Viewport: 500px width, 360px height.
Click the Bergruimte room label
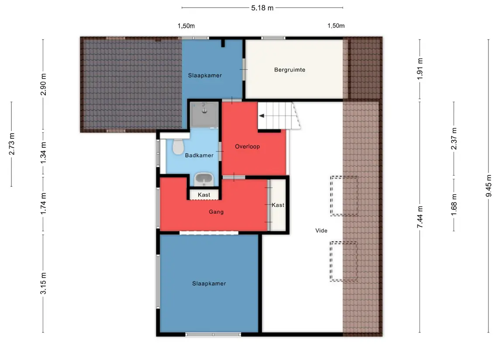pyautogui.click(x=290, y=70)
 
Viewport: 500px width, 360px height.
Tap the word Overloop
pyautogui.click(x=248, y=147)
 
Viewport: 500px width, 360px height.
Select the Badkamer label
pyautogui.click(x=199, y=155)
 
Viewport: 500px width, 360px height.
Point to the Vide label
pyautogui.click(x=321, y=231)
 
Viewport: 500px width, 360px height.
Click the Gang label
pyautogui.click(x=216, y=212)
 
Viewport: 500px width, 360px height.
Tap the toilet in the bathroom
pyautogui.click(x=178, y=146)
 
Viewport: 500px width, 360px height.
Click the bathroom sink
pyautogui.click(x=204, y=180)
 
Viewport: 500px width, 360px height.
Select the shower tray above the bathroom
pyautogui.click(x=204, y=115)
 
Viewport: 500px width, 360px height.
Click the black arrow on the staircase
pyautogui.click(x=262, y=116)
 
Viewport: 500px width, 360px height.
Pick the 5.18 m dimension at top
pyautogui.click(x=262, y=8)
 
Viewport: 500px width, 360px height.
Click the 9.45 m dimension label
pyautogui.click(x=489, y=185)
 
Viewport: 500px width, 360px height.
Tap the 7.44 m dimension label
pyautogui.click(x=420, y=217)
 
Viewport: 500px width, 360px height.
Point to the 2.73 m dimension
pyautogui.click(x=11, y=144)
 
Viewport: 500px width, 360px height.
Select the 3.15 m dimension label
pyautogui.click(x=43, y=283)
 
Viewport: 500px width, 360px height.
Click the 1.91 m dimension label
pyautogui.click(x=420, y=69)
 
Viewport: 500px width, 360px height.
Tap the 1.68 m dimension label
pyautogui.click(x=454, y=205)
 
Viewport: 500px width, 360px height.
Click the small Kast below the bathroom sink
pyautogui.click(x=204, y=195)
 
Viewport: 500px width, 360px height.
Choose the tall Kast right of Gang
pyautogui.click(x=278, y=205)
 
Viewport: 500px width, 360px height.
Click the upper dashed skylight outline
pyautogui.click(x=344, y=196)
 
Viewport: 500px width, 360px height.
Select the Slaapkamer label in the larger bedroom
pyautogui.click(x=209, y=284)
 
